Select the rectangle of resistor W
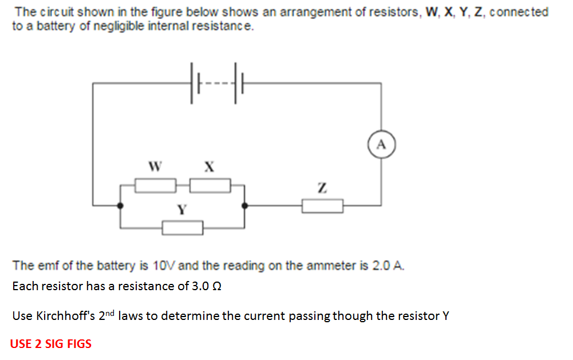155,185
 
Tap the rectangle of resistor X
210,185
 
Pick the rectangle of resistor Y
182,228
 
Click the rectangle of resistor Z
322,205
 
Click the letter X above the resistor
209,167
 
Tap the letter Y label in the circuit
181,210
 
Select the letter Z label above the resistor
322,187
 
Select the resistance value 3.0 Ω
205,286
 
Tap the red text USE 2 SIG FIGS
50,344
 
